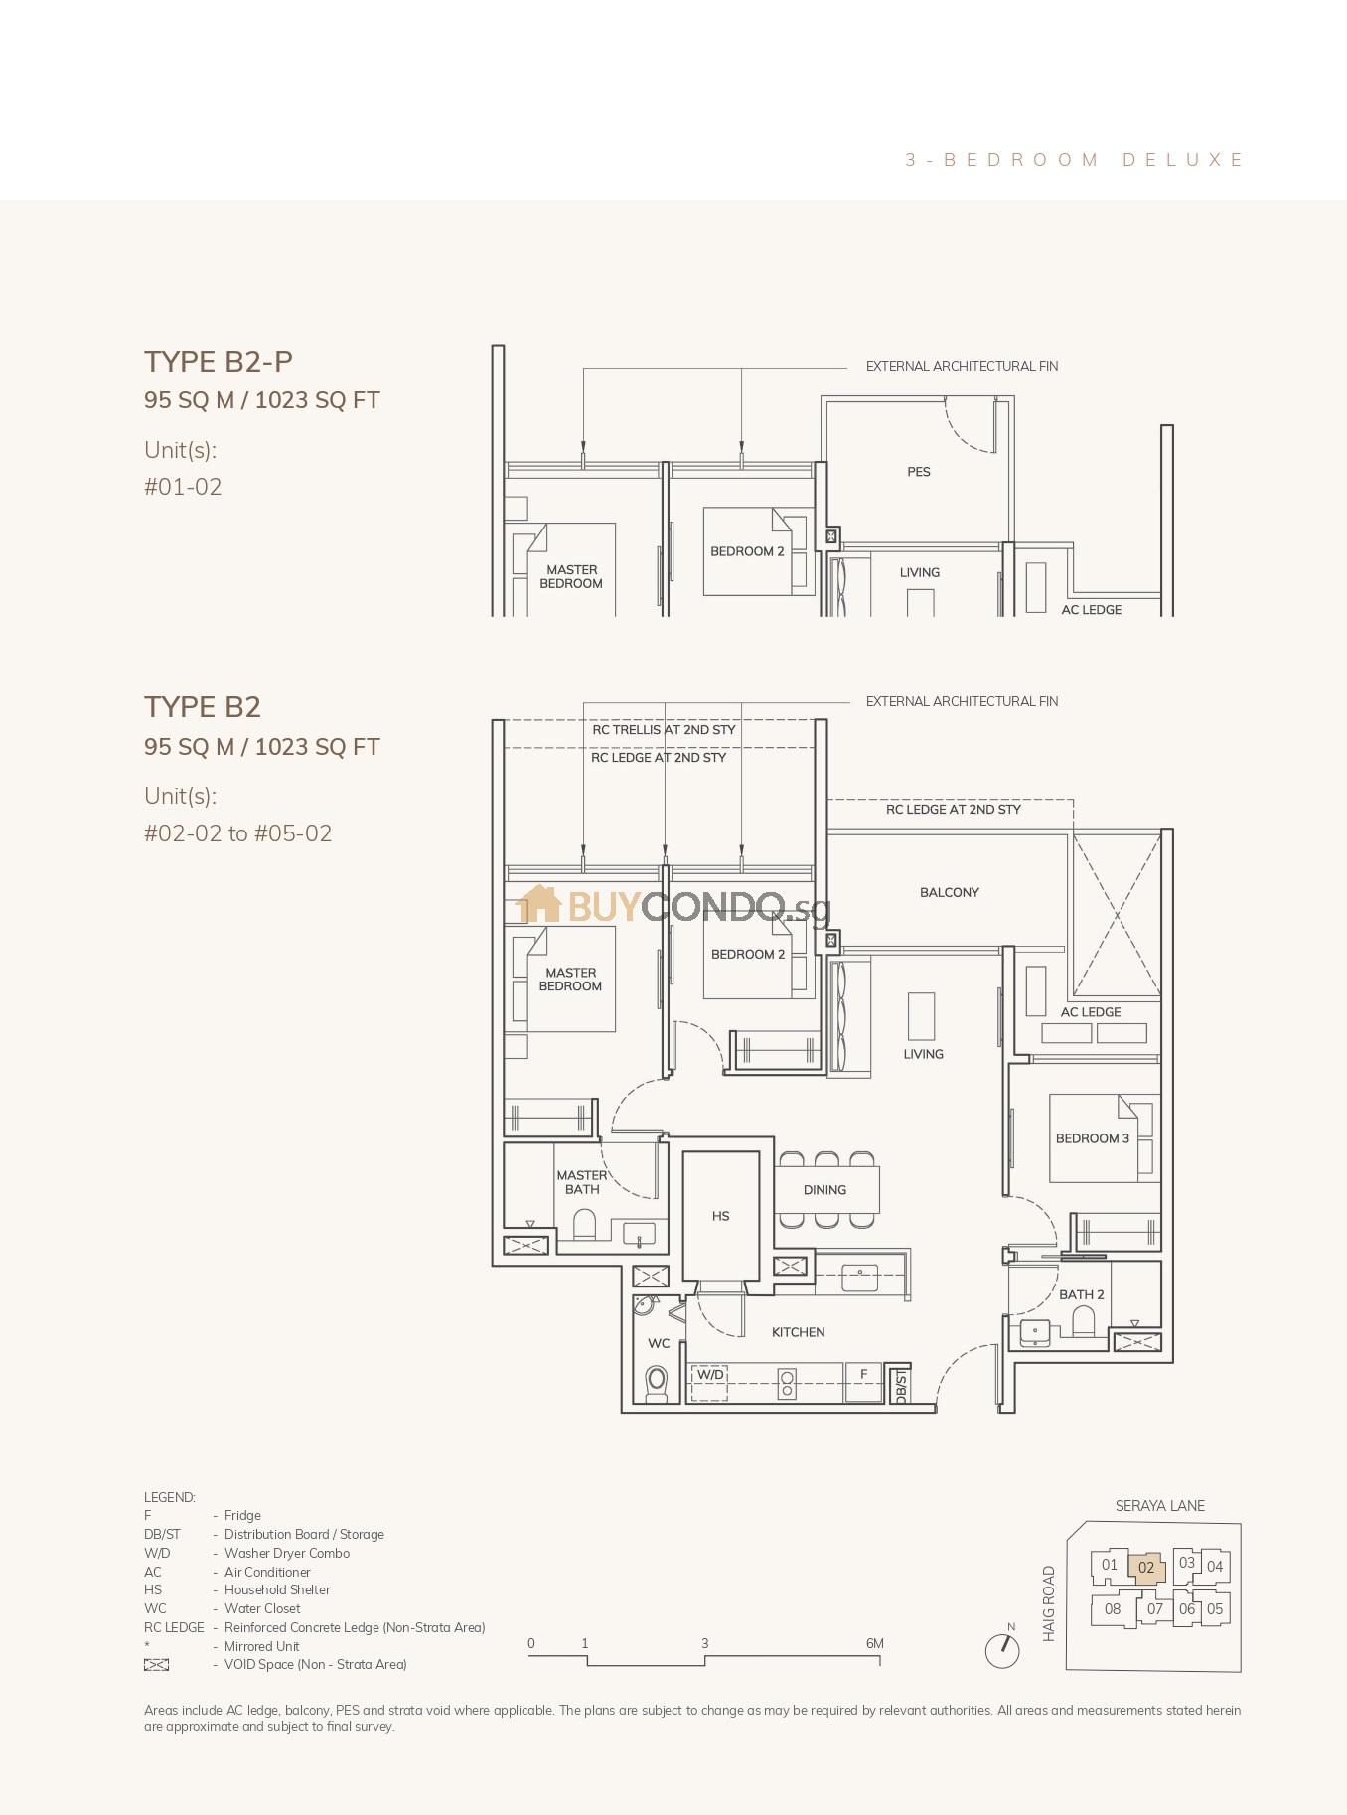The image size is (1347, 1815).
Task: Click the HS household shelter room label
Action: pos(720,1216)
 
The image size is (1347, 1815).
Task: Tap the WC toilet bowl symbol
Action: pos(656,1381)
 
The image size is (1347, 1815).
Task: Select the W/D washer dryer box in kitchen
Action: pos(709,1381)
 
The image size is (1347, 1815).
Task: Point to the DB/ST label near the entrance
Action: pos(900,1385)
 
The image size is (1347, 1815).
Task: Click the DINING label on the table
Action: pos(824,1189)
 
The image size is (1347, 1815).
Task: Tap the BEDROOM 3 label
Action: pos(1092,1138)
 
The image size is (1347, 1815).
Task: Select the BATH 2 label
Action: pos(1081,1294)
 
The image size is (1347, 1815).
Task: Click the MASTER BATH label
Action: pos(582,1182)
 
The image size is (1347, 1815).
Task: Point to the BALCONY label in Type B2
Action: pos(949,892)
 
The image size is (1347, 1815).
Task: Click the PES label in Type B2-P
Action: pos(918,472)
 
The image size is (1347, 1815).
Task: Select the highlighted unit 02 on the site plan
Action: pos(1146,1568)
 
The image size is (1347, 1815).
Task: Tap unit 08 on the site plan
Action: pos(1112,1608)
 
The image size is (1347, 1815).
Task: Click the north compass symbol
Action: pos(1002,1650)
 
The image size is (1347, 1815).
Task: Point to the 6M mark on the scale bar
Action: pos(875,1644)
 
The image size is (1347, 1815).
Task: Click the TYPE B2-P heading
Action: pos(219,362)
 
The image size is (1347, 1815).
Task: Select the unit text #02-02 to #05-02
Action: pos(237,833)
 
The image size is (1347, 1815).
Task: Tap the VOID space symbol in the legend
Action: pos(157,1665)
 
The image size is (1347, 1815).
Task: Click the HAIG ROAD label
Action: pos(1049,1603)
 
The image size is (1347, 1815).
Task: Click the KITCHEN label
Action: pos(798,1332)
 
